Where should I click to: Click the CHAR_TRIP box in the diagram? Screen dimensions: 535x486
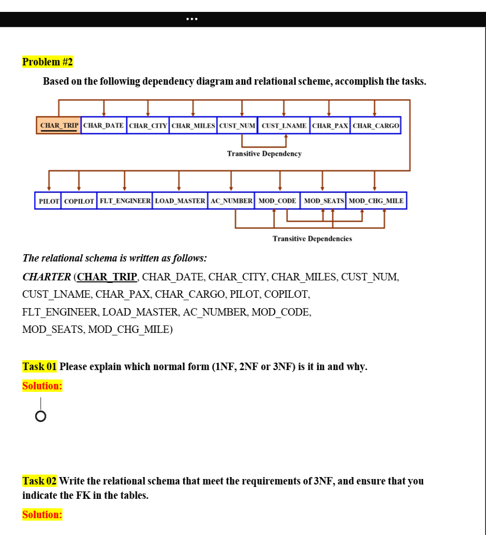point(58,125)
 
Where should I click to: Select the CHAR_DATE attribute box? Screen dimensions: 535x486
point(103,125)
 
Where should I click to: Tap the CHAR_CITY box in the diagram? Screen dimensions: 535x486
point(147,125)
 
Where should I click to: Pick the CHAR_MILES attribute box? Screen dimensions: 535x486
point(193,125)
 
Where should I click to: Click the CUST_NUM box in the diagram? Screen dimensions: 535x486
point(237,125)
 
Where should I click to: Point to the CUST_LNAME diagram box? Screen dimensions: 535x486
point(284,125)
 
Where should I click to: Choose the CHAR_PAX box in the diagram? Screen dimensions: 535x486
point(330,125)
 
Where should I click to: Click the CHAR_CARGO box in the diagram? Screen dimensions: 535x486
point(376,125)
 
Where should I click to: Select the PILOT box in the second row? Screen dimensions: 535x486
point(49,201)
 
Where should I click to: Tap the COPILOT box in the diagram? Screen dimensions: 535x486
point(79,201)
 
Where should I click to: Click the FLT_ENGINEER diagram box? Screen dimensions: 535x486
point(125,201)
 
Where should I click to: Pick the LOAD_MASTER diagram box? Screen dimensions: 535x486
point(180,201)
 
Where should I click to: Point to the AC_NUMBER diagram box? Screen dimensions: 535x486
point(231,201)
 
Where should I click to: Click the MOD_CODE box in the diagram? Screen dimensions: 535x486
point(277,201)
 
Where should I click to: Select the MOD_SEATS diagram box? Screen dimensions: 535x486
point(323,201)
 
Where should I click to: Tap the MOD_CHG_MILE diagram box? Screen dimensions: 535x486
point(376,201)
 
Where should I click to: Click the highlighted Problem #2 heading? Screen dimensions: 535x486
point(48,62)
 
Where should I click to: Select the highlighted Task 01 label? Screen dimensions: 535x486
point(40,367)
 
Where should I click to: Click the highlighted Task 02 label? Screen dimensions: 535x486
point(40,481)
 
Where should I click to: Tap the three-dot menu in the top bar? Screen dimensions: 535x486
point(192,19)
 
